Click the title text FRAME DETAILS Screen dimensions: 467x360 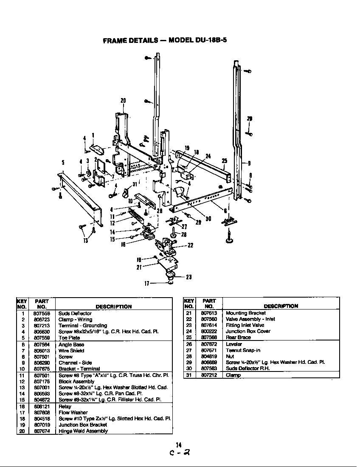pos(129,41)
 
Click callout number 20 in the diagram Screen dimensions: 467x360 pos(123,101)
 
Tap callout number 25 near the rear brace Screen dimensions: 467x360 pos(225,160)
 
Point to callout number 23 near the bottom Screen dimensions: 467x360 pos(188,277)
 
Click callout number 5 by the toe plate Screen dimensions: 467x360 pos(63,162)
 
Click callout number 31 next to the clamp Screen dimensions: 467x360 pos(135,183)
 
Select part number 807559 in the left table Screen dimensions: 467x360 pos(41,338)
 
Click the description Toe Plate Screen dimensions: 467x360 pos(69,338)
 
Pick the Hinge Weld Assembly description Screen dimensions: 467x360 pos(83,431)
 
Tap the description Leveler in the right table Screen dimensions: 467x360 pos(233,344)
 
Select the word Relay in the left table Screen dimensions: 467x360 pos(65,406)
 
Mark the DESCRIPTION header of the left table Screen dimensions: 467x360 pos(113,307)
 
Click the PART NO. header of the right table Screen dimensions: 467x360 pos(208,303)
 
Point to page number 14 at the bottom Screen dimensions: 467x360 pos(179,445)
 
